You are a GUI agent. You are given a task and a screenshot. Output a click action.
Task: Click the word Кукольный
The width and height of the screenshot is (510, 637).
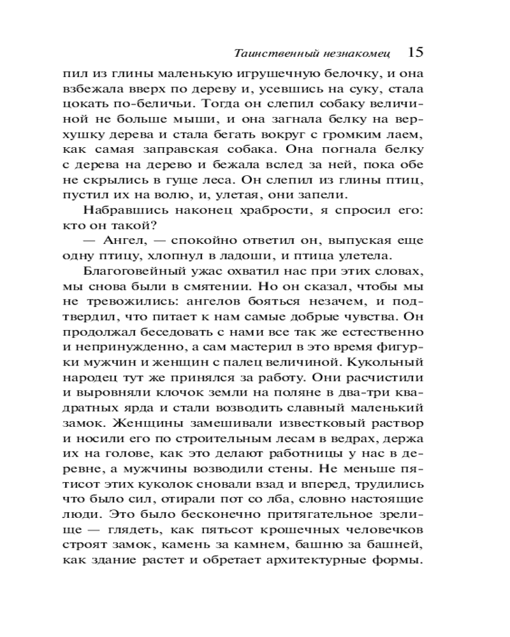tap(390, 364)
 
